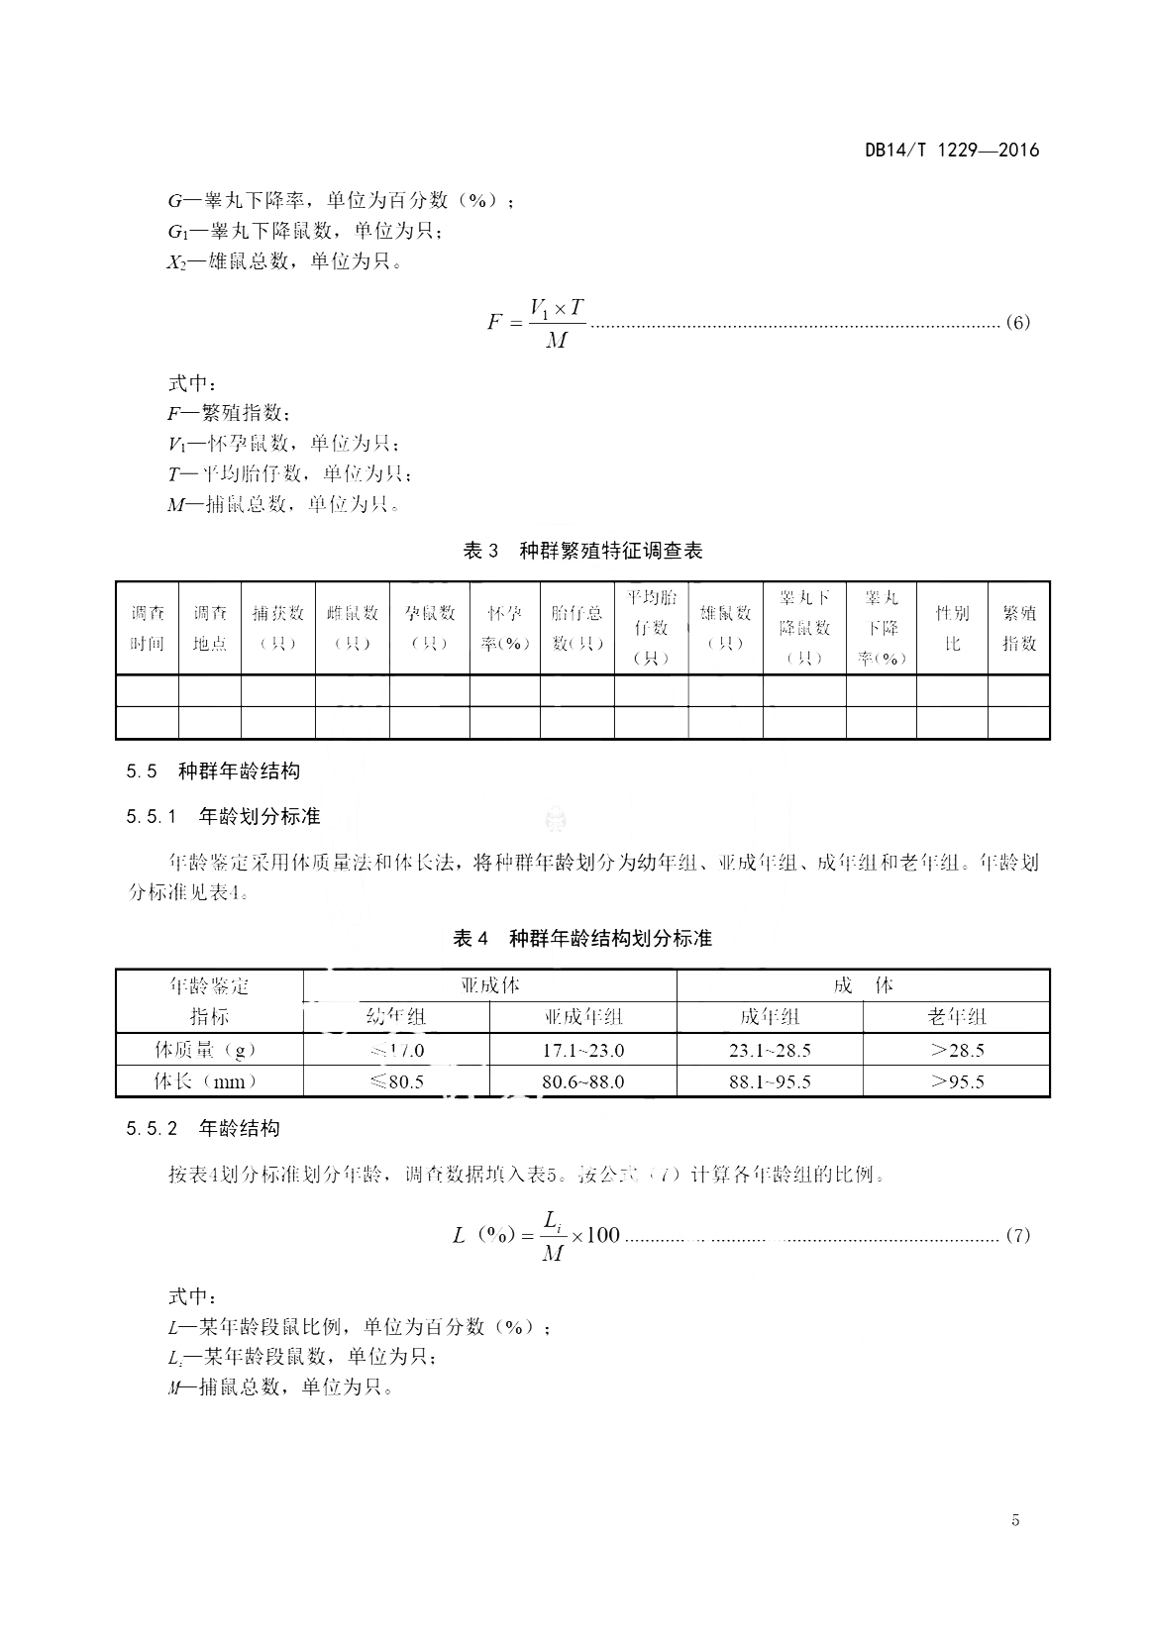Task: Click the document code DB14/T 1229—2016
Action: [952, 151]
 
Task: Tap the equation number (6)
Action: [1018, 322]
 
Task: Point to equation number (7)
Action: [1018, 1235]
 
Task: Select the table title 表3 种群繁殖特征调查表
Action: [582, 551]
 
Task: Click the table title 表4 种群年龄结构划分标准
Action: [582, 938]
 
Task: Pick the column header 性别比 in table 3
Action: [952, 628]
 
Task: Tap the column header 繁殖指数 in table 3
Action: [1018, 628]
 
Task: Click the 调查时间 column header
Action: [148, 628]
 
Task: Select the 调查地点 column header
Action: [210, 628]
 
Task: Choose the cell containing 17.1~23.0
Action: [583, 1050]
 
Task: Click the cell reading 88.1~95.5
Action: [770, 1081]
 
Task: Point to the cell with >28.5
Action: [957, 1050]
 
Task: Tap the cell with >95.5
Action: [957, 1081]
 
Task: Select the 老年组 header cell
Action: [957, 1017]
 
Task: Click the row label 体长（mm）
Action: [209, 1081]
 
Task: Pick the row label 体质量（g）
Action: [209, 1050]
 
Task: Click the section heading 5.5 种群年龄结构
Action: [213, 771]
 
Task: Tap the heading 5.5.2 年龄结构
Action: [203, 1128]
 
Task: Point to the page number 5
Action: [1015, 1520]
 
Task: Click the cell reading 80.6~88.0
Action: [583, 1081]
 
